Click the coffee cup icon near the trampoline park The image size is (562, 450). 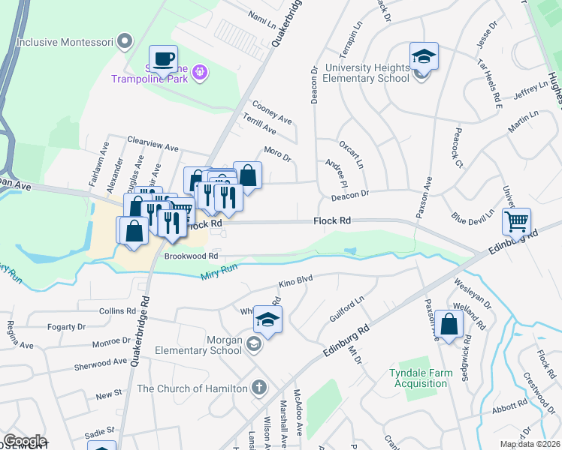pos(162,58)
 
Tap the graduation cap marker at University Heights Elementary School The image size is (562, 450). pos(424,56)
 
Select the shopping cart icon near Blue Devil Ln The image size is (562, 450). pos(516,221)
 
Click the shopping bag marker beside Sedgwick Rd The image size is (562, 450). pos(449,324)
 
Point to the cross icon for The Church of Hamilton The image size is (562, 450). pos(259,388)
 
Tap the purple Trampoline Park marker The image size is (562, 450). pos(200,72)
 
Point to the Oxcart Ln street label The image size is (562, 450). pos(351,154)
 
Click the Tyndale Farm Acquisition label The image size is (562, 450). pos(418,378)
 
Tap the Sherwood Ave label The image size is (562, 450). pos(101,363)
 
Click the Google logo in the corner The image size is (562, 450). pos(25,441)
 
